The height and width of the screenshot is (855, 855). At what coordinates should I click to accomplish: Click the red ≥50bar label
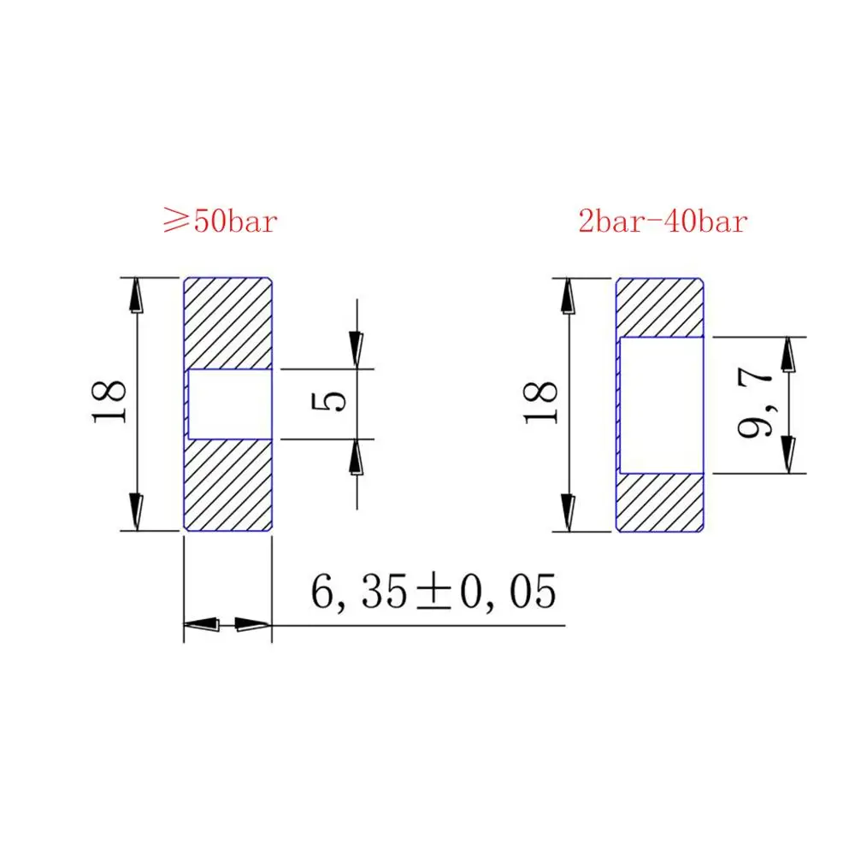click(x=221, y=221)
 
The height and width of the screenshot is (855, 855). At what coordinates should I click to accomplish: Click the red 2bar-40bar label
click(x=663, y=221)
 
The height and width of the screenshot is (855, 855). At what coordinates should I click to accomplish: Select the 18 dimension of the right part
click(x=540, y=403)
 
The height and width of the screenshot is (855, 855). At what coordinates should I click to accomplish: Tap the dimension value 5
click(x=328, y=401)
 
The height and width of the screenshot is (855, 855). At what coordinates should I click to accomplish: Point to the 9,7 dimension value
click(x=755, y=403)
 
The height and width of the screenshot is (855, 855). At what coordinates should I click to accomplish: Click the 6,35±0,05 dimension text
click(x=433, y=593)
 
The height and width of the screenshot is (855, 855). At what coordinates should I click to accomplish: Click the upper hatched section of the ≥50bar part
click(x=228, y=323)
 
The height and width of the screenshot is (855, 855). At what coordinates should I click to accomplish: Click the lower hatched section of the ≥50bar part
click(x=228, y=485)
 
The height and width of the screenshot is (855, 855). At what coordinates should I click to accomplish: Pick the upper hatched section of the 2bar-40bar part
click(x=660, y=308)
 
